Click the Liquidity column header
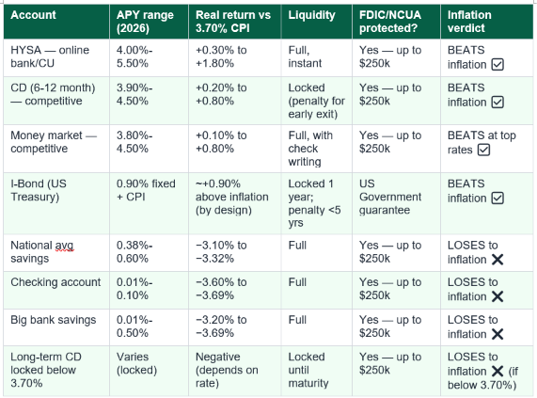(x=311, y=15)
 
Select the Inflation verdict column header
(x=469, y=22)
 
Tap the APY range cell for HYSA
(x=134, y=56)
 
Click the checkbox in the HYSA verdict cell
(x=498, y=64)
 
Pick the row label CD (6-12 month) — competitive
(x=53, y=94)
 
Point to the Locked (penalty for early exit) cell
(x=316, y=101)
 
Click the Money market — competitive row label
(x=54, y=142)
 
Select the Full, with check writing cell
(x=310, y=149)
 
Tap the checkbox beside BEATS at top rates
(x=483, y=150)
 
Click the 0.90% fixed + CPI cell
(x=146, y=190)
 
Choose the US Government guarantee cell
(x=390, y=197)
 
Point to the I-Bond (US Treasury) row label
(x=39, y=190)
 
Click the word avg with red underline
(x=64, y=246)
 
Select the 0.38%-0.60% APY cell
(x=134, y=252)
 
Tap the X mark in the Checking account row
(x=498, y=296)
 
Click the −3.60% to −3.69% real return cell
(x=221, y=289)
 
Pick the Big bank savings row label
(x=54, y=320)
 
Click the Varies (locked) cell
(x=136, y=363)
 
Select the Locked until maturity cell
(x=308, y=370)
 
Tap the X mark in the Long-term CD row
(x=498, y=372)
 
